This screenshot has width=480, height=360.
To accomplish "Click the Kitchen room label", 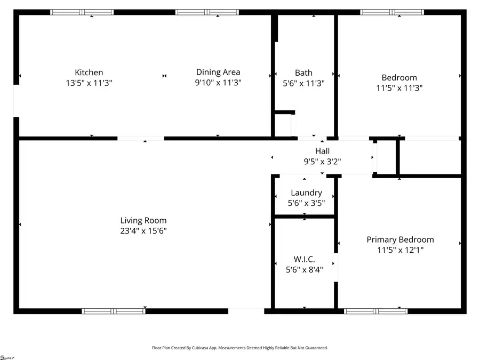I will [x=89, y=73].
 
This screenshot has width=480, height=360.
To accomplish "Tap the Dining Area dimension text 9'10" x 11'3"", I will [x=218, y=83].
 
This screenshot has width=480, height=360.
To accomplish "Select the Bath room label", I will [x=303, y=73].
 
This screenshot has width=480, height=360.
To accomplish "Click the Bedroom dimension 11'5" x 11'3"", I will [x=399, y=88].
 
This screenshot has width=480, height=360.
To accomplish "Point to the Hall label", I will [x=322, y=151].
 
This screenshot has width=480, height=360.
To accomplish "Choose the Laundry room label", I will [x=306, y=193].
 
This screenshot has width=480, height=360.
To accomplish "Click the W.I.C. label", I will [x=304, y=259].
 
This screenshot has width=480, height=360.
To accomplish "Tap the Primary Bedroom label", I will [x=400, y=239].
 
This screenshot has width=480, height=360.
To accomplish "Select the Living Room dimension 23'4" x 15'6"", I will [x=143, y=230].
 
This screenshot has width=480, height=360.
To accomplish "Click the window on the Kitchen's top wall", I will [x=82, y=12].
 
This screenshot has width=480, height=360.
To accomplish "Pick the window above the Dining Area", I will [x=207, y=12].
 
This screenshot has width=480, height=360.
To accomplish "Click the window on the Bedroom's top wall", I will [x=392, y=12].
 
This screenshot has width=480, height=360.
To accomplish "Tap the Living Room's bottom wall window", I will [x=114, y=311].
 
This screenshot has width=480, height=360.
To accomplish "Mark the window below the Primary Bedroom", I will [x=376, y=311].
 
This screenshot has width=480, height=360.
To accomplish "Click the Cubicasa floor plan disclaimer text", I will [x=240, y=348].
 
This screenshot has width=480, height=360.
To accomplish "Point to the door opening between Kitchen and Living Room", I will [x=141, y=139].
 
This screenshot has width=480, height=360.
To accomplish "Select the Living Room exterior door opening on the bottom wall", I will [x=246, y=311].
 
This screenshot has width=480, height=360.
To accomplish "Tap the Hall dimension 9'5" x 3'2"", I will [x=322, y=161].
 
